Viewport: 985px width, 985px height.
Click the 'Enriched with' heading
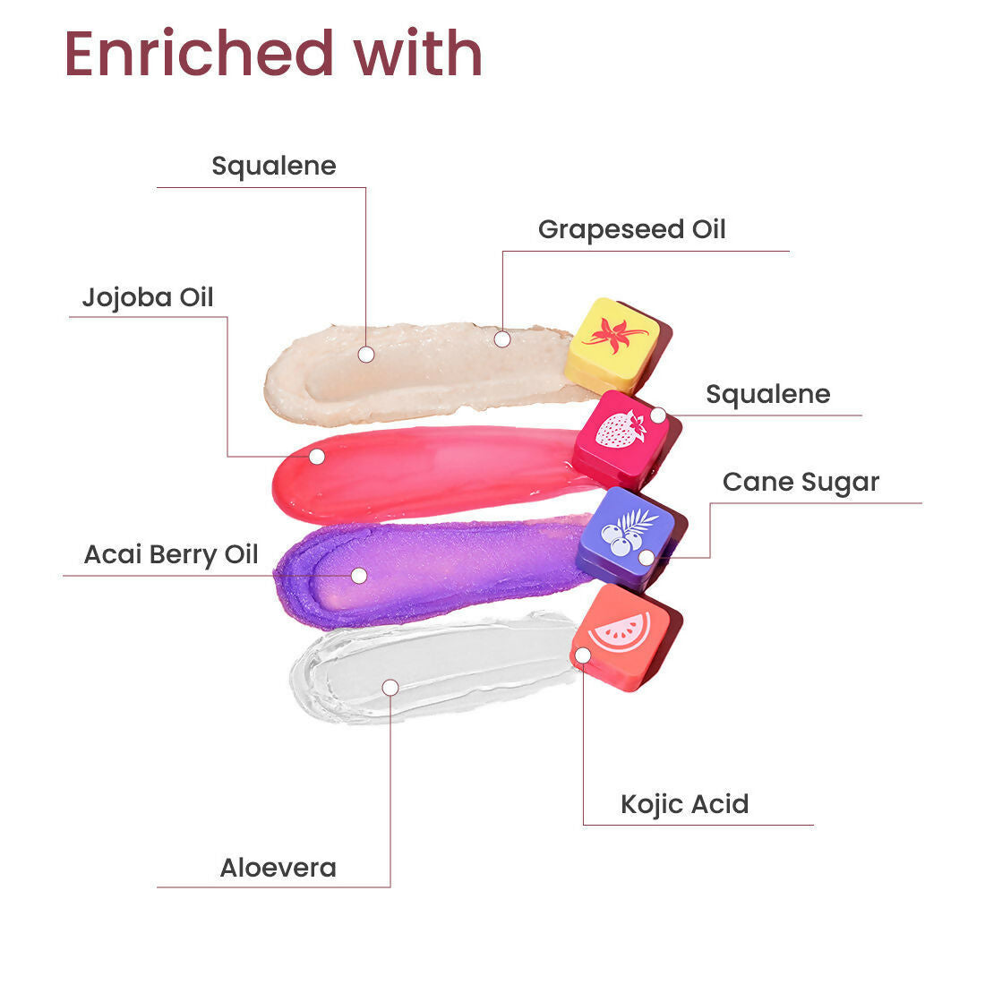(273, 54)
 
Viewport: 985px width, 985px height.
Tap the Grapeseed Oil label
(631, 229)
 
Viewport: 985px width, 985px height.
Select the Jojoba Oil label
(148, 297)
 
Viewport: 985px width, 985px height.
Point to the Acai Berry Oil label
(171, 554)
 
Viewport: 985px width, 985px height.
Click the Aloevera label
(278, 868)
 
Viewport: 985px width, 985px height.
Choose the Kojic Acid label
(685, 804)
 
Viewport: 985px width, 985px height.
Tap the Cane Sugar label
(801, 482)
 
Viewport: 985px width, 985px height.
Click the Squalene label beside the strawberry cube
(768, 394)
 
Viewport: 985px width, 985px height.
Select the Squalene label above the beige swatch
(274, 166)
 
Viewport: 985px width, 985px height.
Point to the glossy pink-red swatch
(430, 473)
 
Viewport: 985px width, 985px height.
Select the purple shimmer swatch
(430, 573)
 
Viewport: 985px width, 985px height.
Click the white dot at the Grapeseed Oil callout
(502, 339)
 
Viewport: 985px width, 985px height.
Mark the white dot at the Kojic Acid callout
(583, 655)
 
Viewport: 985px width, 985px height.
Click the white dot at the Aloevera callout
(390, 687)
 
